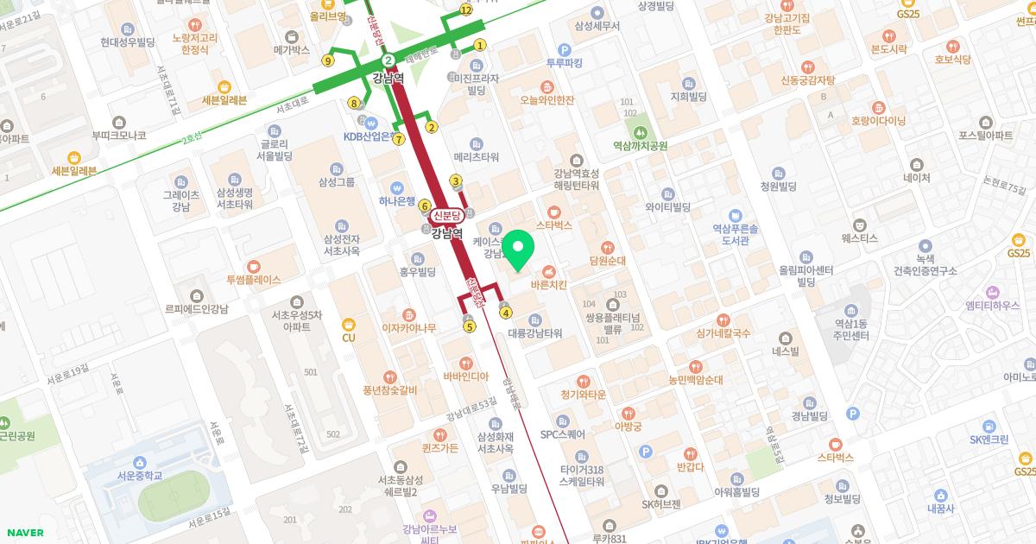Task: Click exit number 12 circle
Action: pos(466,10)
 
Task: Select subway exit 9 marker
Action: pos(327,60)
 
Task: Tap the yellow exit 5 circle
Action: pos(470,326)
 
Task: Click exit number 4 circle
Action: pos(506,313)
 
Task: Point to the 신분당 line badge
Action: pos(448,216)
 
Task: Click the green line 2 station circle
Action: pos(388,60)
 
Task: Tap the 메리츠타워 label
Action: pos(477,158)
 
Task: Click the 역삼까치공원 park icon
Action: pos(641,133)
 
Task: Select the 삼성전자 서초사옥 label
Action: pos(347,244)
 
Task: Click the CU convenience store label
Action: pos(349,338)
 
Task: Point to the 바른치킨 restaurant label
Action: pos(548,283)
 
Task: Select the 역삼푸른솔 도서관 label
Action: pos(735,234)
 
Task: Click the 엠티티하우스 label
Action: pos(993,305)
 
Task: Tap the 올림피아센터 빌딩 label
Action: pos(805,275)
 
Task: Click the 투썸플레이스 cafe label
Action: pos(254,280)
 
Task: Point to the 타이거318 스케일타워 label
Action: pos(582,475)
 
